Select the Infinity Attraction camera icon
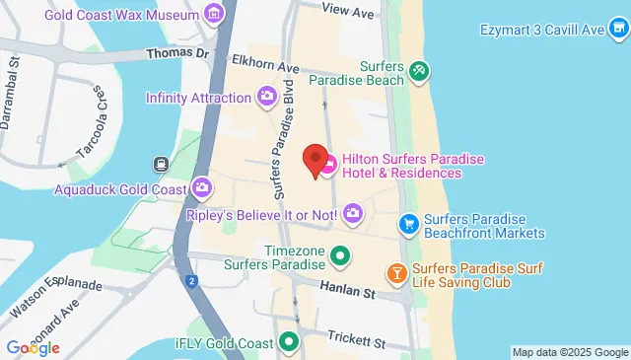(266, 97)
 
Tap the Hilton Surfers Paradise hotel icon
(329, 163)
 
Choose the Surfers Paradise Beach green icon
(419, 70)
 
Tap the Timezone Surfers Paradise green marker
(341, 256)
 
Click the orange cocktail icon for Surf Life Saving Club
(396, 272)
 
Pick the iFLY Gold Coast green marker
(289, 342)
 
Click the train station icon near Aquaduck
(160, 164)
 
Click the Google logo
(32, 347)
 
